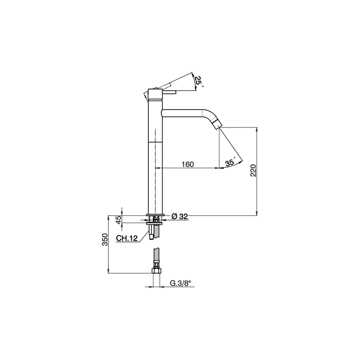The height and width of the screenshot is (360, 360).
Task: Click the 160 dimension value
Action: pos(188,165)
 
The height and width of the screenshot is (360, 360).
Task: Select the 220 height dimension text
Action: pos(253,170)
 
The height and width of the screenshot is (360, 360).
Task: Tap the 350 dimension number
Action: pos(105,239)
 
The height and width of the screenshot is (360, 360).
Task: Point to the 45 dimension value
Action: pos(118,220)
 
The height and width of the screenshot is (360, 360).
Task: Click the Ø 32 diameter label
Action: pos(180,216)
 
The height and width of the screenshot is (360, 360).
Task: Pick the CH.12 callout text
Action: pos(126,238)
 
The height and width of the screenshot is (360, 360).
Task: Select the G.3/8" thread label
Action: pos(180,283)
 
